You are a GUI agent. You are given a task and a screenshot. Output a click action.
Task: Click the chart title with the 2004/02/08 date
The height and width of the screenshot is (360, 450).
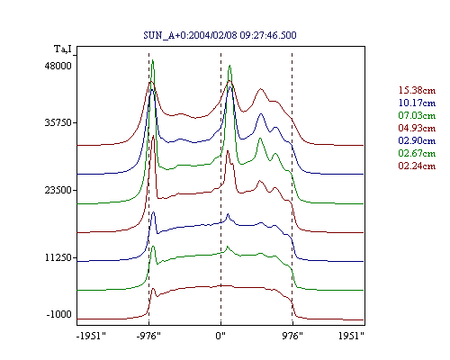click(220, 35)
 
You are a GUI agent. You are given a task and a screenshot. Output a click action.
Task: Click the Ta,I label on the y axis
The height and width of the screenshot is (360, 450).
click(63, 49)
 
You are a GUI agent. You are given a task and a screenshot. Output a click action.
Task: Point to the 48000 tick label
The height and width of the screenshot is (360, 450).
click(58, 66)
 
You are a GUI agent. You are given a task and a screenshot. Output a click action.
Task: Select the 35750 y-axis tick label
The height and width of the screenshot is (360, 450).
click(58, 122)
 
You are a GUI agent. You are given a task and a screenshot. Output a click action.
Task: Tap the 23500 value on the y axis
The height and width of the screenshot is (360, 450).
click(58, 190)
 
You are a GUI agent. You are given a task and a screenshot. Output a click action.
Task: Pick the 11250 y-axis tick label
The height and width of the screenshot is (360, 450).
click(58, 257)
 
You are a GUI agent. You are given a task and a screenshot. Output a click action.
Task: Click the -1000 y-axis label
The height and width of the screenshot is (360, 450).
click(59, 314)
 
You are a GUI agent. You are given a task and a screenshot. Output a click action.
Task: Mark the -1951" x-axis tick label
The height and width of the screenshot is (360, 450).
click(91, 336)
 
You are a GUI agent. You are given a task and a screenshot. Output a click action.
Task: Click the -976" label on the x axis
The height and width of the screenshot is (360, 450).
click(148, 336)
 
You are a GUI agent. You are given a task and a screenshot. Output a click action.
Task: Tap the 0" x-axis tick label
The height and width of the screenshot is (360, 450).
click(220, 336)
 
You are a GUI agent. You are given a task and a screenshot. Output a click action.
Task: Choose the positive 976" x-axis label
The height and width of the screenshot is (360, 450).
click(292, 336)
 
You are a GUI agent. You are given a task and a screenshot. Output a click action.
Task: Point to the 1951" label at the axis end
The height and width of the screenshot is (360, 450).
click(351, 336)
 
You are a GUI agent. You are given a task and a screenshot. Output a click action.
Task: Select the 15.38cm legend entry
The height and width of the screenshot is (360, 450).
click(417, 90)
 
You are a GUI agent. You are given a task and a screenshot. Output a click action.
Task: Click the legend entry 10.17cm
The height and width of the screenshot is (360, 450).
click(417, 103)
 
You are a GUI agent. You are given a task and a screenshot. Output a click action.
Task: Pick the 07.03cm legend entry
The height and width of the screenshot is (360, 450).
click(417, 115)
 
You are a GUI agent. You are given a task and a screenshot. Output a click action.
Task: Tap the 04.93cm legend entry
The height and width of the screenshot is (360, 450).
click(417, 128)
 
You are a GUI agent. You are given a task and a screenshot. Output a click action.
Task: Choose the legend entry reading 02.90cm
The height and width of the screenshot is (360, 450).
click(417, 140)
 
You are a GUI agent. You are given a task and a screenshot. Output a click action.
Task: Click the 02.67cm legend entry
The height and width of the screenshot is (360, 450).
click(417, 153)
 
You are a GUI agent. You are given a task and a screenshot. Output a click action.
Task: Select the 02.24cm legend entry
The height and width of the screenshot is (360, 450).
click(417, 166)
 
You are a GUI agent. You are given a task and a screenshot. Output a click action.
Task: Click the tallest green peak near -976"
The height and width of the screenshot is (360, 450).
click(153, 60)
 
